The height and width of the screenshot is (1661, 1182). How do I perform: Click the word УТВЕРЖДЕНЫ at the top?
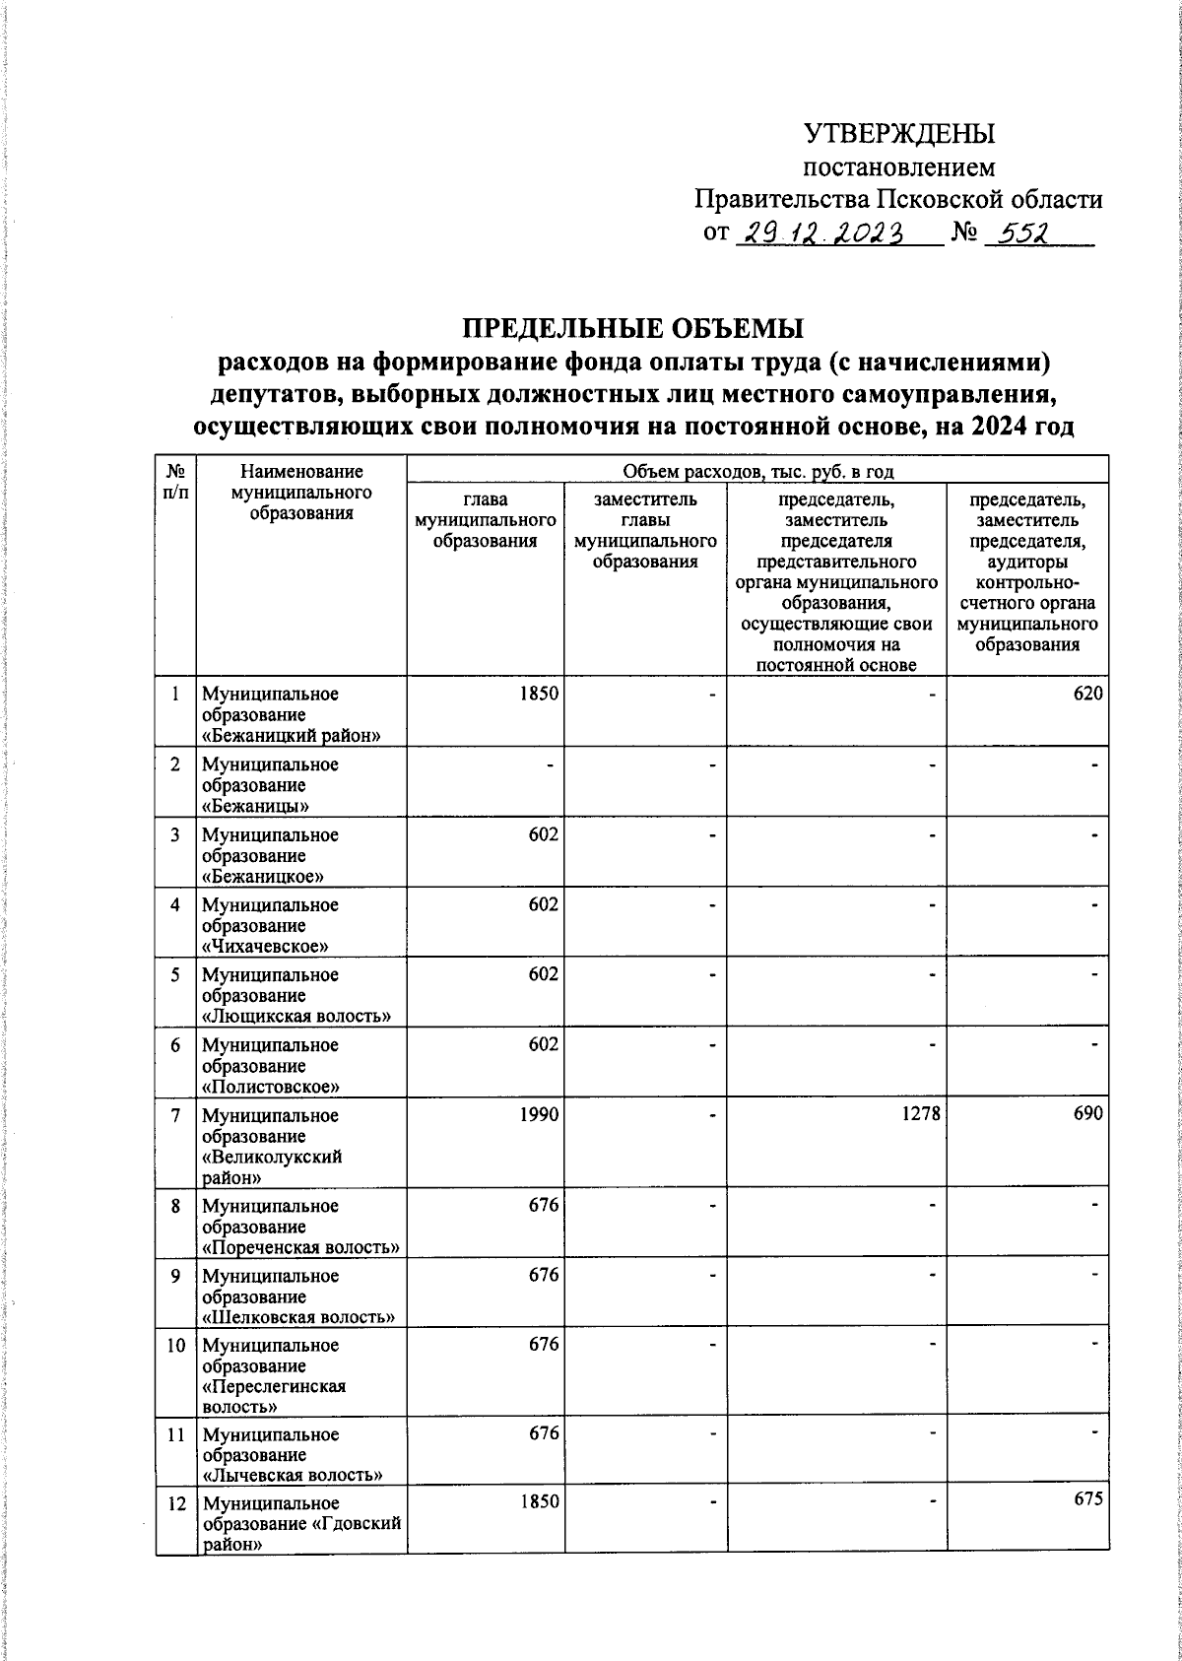pyautogui.click(x=899, y=133)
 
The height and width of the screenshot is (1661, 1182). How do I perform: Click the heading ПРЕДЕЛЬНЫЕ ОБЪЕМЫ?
pyautogui.click(x=633, y=327)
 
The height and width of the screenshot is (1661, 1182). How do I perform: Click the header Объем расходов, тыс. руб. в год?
pyautogui.click(x=757, y=473)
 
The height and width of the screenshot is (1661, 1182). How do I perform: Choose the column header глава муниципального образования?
pyautogui.click(x=486, y=520)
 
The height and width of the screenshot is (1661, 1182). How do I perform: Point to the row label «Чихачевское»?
pyautogui.click(x=265, y=947)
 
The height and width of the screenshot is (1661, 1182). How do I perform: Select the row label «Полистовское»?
pyautogui.click(x=271, y=1088)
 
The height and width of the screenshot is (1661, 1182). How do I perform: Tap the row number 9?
pyautogui.click(x=175, y=1276)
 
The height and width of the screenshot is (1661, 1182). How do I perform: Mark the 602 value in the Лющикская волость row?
pyautogui.click(x=543, y=974)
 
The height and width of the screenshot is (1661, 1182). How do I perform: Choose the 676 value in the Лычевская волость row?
pyautogui.click(x=543, y=1434)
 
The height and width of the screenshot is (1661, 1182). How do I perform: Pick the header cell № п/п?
pyautogui.click(x=175, y=482)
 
